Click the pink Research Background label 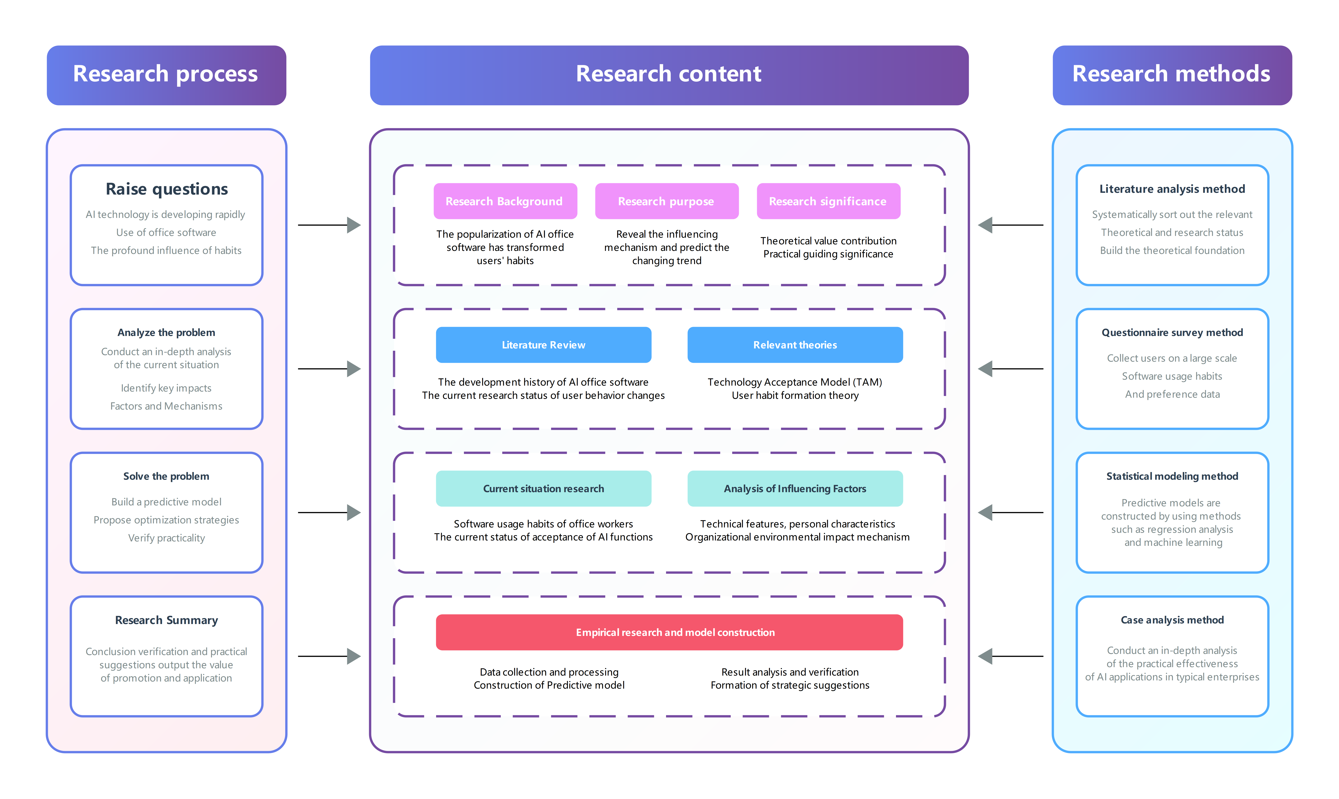(505, 201)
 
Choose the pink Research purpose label (666, 201)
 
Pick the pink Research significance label (828, 201)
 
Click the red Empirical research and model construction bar (669, 633)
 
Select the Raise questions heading (166, 189)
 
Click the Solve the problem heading (166, 476)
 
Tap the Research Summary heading (166, 620)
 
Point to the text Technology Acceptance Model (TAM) (794, 382)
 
